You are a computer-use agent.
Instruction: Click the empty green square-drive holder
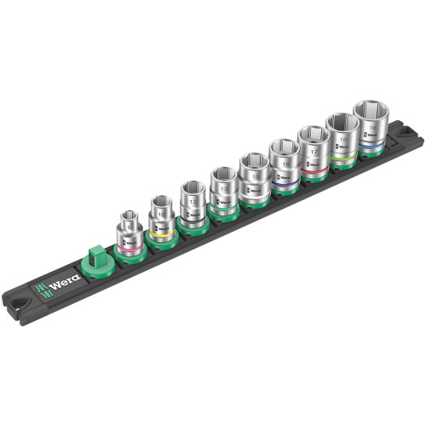tap(96, 256)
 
